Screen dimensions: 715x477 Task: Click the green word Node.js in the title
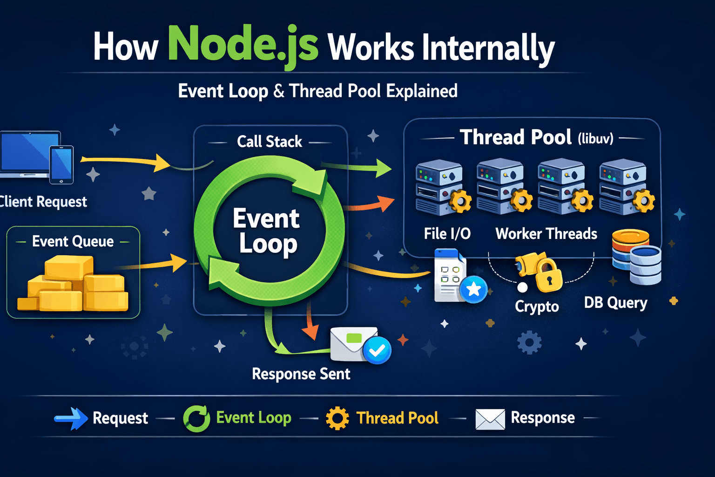click(243, 46)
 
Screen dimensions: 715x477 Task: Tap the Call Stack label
click(270, 142)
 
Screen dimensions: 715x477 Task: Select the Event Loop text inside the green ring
click(267, 231)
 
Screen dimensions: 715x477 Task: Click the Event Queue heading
click(73, 241)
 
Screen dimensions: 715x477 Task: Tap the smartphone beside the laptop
click(61, 164)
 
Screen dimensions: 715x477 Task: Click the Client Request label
click(43, 202)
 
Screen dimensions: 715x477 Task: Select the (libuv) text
click(596, 139)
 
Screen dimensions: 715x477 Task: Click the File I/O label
click(447, 233)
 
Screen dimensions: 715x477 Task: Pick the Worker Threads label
click(546, 233)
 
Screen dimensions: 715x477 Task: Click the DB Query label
click(616, 303)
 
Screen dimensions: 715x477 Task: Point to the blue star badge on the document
click(474, 289)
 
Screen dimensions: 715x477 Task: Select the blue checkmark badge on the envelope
click(377, 350)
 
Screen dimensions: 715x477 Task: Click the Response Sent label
click(301, 374)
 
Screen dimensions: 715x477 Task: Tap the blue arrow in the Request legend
click(71, 418)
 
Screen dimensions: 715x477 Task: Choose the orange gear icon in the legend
click(337, 418)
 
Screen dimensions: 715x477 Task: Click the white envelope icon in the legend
click(490, 419)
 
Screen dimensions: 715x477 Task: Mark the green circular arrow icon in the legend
click(196, 418)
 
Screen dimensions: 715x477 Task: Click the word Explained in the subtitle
click(422, 91)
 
